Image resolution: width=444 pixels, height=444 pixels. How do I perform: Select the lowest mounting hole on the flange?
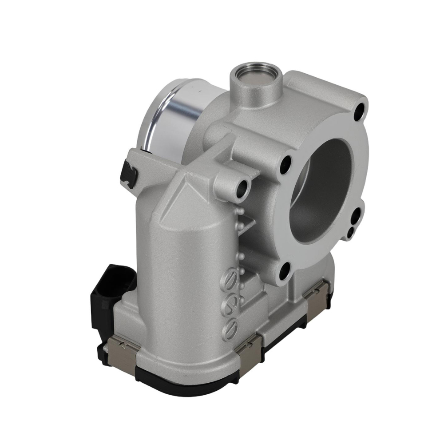tap(284, 269)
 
